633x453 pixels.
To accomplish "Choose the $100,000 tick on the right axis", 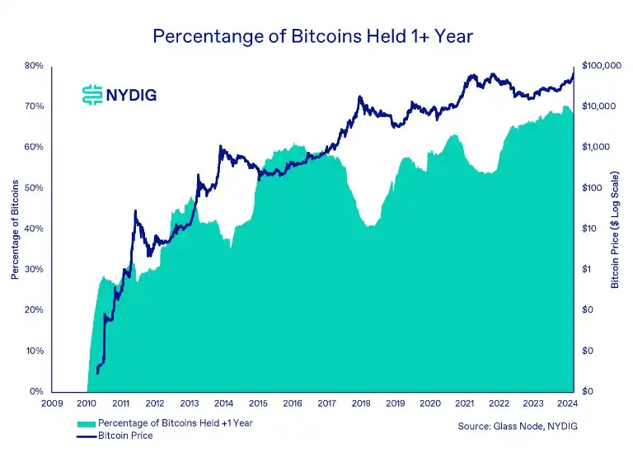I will click(601, 66).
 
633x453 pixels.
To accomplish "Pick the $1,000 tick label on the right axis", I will click(595, 147).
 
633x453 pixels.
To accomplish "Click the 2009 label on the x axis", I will click(51, 404).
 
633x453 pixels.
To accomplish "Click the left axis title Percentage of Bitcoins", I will click(15, 227).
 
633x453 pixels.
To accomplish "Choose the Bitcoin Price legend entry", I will click(125, 436).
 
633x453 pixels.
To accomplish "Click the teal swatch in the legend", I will click(86, 423).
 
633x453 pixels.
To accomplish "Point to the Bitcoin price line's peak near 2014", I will click(220, 147).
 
